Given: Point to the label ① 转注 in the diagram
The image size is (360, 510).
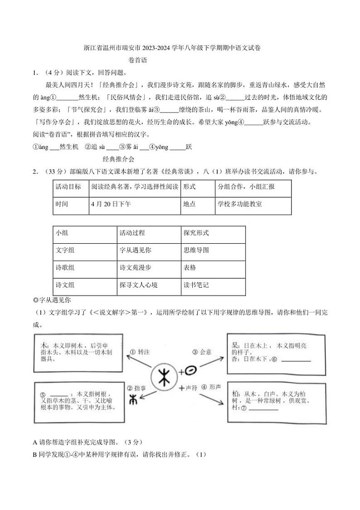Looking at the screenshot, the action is [x=140, y=352].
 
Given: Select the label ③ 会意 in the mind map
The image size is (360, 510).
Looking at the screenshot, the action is [x=202, y=352].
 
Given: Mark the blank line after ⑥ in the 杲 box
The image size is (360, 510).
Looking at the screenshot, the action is [x=296, y=360].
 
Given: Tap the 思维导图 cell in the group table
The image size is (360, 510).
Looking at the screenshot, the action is [x=196, y=250].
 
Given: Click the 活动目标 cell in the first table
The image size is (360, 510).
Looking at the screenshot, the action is [x=68, y=187].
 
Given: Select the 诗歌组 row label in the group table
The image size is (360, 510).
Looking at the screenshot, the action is [x=65, y=268].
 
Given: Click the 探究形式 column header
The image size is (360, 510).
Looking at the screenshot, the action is [x=196, y=233].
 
